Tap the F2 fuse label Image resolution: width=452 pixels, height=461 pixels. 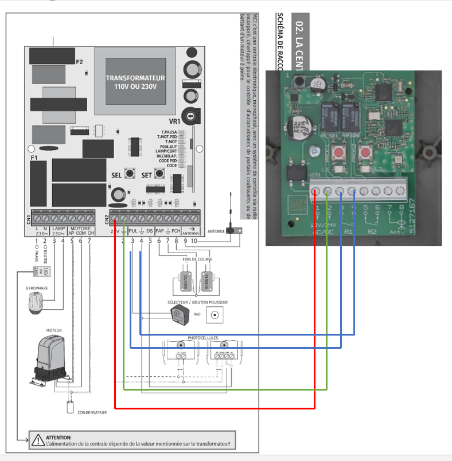tap(79, 61)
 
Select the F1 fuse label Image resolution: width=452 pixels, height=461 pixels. tap(33, 157)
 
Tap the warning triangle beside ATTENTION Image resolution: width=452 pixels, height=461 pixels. tap(38, 440)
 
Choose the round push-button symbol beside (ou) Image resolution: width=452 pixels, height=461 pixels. tap(216, 315)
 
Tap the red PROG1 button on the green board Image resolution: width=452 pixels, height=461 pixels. tap(338, 153)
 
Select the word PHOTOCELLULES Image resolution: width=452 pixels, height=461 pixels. tap(203, 338)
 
